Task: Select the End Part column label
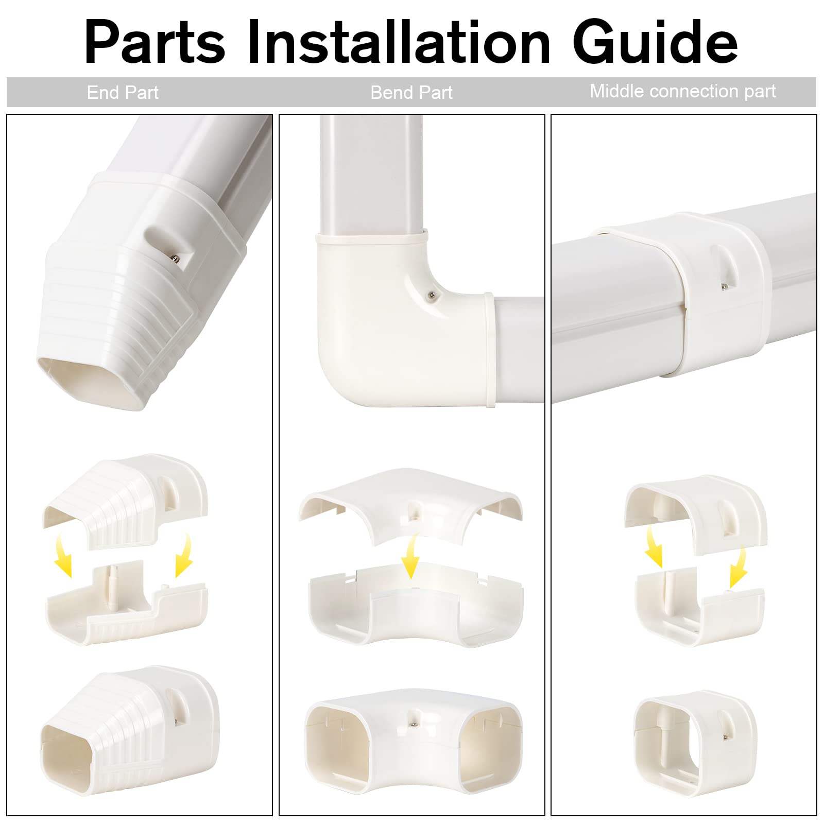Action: [123, 93]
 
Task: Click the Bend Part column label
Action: [411, 93]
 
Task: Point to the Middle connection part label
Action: [682, 91]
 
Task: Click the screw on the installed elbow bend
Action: [431, 295]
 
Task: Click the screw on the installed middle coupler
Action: [724, 286]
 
